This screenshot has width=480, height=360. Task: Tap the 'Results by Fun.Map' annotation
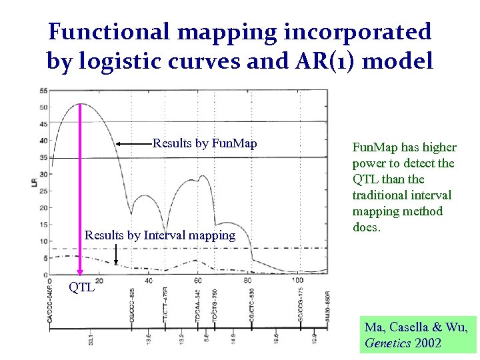[205, 143]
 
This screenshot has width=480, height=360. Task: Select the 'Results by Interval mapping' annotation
[160, 235]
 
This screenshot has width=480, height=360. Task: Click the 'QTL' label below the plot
[82, 288]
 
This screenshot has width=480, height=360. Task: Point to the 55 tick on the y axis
[43, 91]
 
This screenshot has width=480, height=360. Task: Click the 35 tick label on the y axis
[43, 157]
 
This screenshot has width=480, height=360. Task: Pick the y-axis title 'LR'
[35, 181]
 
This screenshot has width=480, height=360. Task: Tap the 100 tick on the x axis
[297, 280]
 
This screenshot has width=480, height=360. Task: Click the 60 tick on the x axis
[198, 280]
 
